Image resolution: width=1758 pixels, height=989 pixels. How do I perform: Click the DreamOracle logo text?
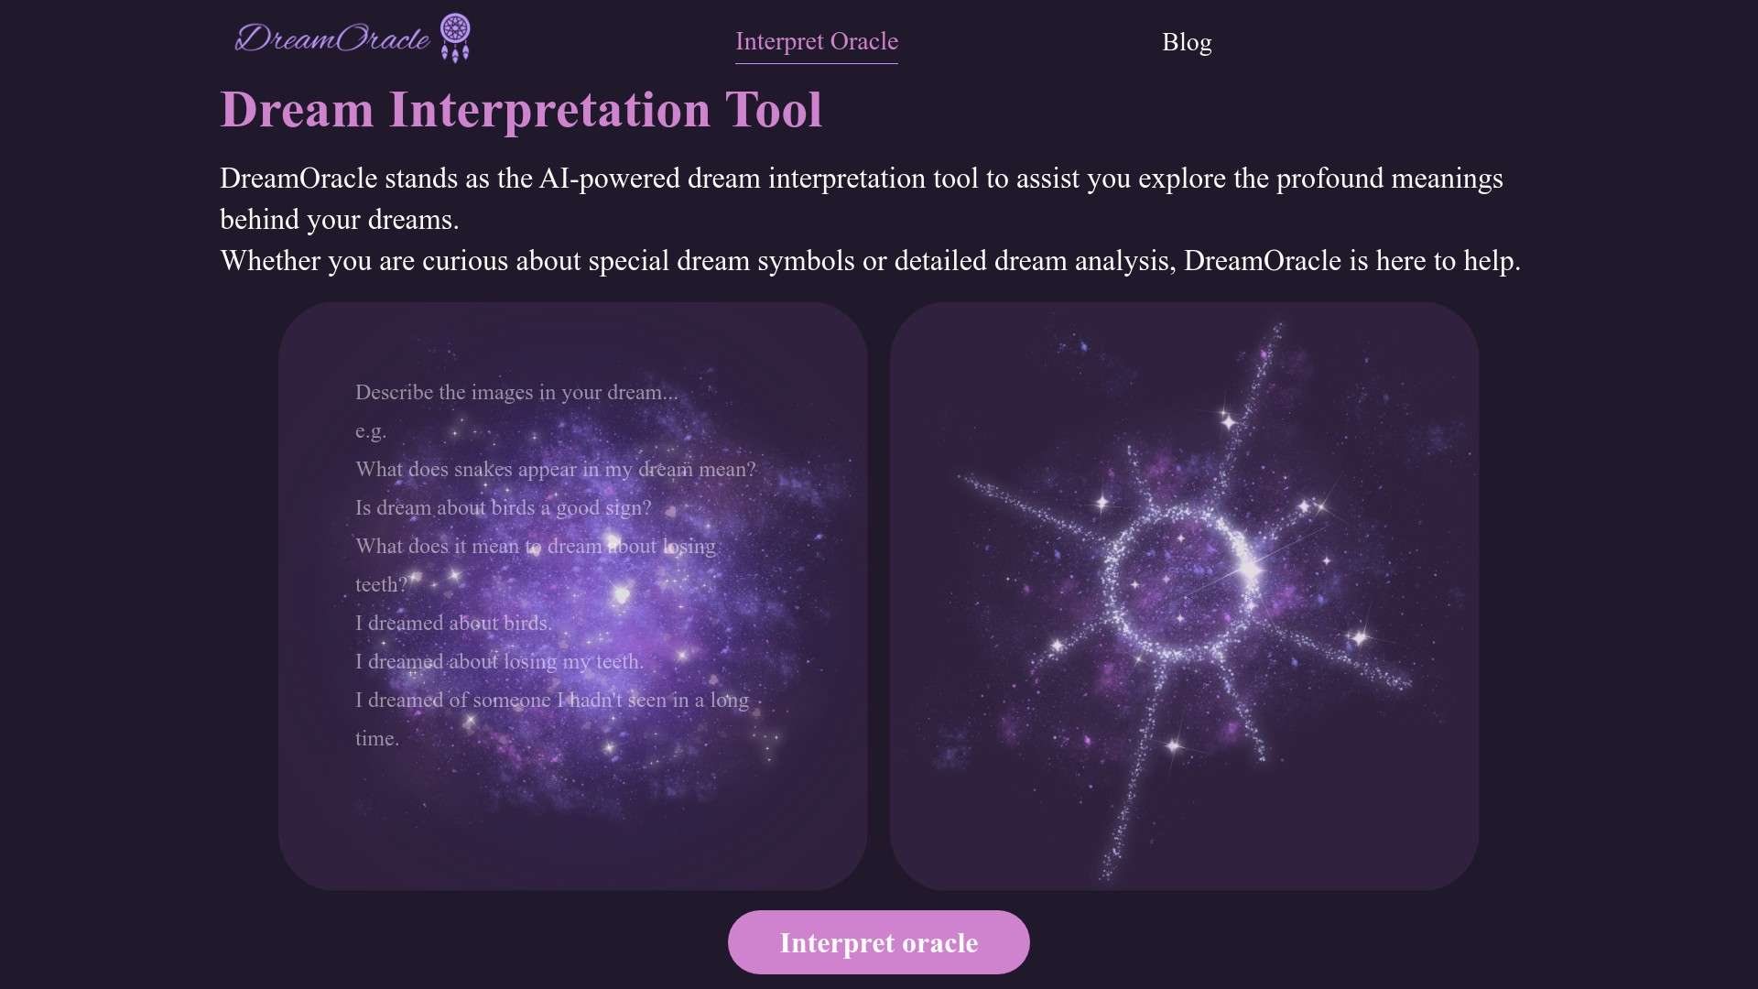332,38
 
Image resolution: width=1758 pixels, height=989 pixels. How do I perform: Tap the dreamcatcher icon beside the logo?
455,38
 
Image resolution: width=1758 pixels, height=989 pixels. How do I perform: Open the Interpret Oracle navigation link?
817,42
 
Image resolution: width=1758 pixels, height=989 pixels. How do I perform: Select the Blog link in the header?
1187,42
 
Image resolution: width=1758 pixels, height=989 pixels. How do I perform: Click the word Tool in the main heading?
774,110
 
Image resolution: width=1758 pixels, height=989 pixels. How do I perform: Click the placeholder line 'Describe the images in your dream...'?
516,393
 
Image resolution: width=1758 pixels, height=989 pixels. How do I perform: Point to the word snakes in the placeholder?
483,470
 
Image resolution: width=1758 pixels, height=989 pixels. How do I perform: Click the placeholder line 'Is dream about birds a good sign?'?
504,508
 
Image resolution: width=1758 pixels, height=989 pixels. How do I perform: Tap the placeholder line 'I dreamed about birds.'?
453,624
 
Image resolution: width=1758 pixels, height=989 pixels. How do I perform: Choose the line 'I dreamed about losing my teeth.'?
499,662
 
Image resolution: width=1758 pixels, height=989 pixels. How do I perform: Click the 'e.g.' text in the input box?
371,431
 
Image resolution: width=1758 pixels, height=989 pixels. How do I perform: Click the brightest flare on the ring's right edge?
1249,571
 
